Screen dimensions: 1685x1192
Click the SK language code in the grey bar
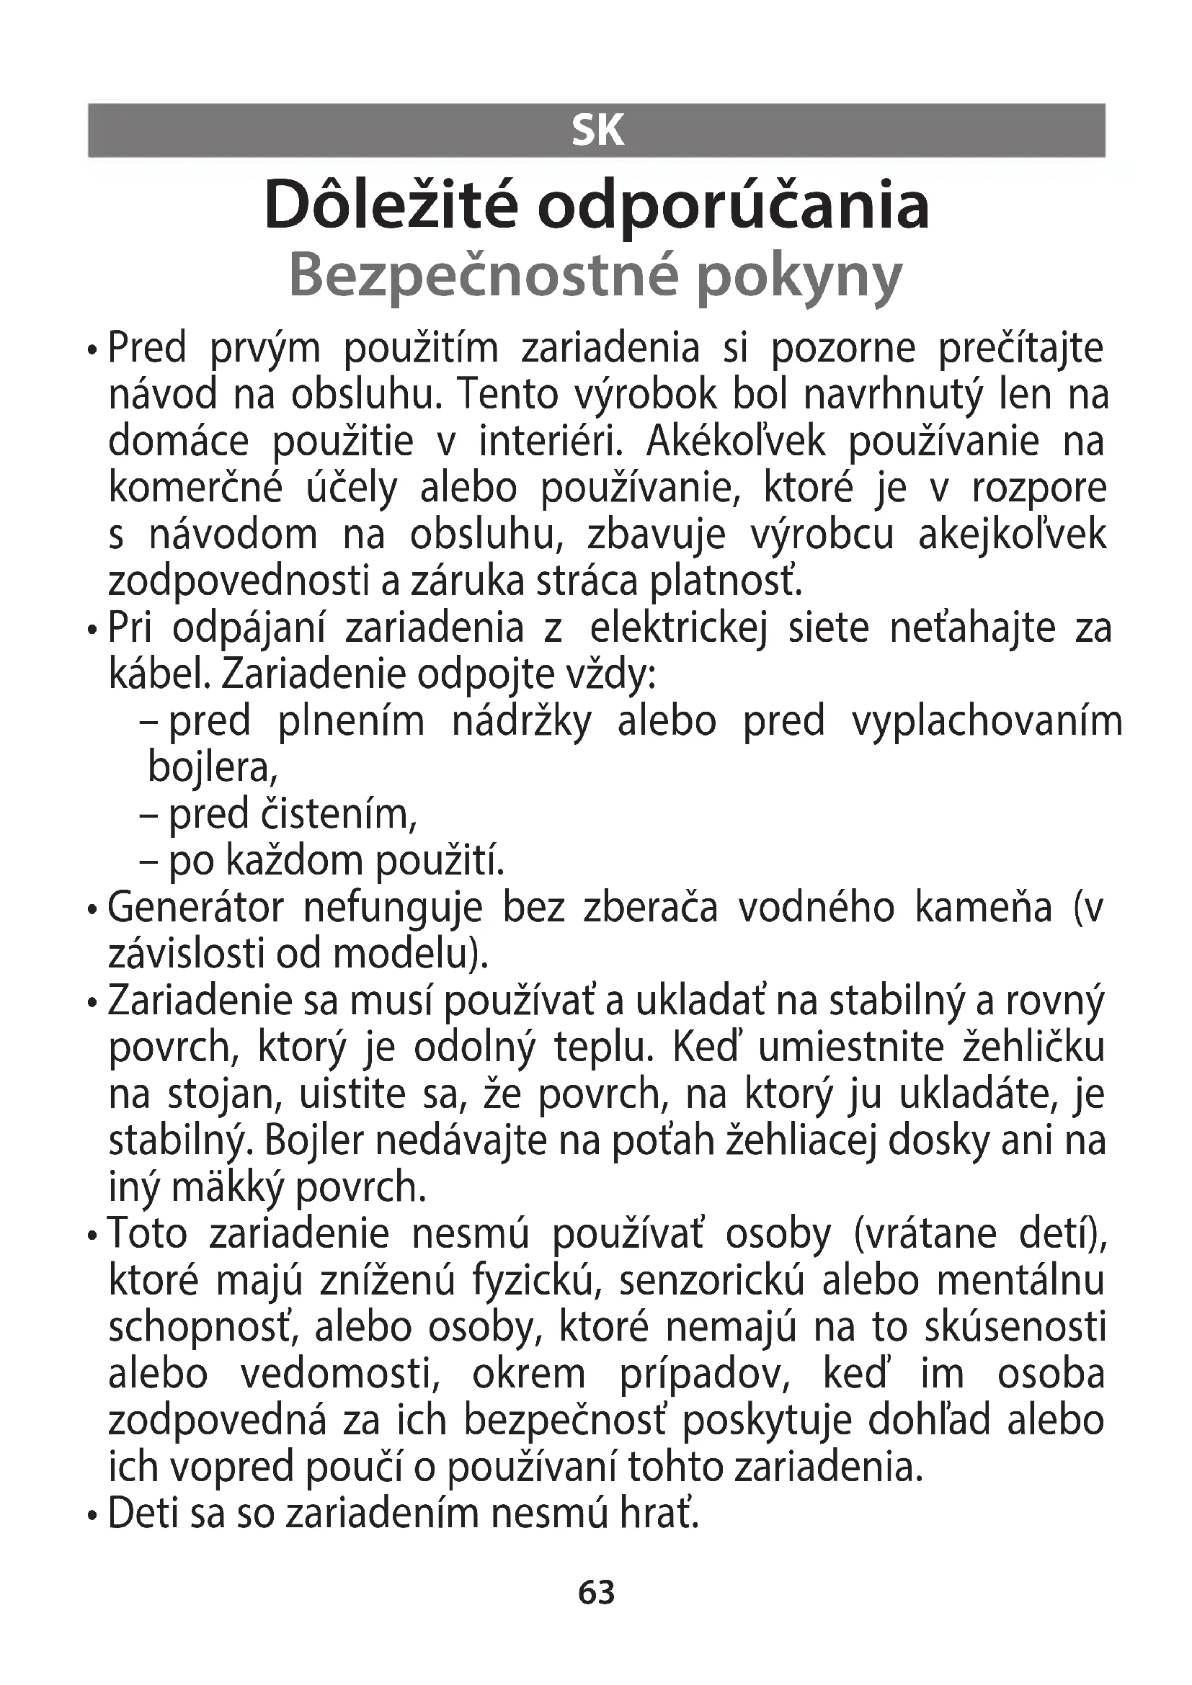point(597,131)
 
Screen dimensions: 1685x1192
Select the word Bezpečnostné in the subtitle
point(481,275)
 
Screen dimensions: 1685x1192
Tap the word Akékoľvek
point(736,442)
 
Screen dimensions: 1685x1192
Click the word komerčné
point(195,488)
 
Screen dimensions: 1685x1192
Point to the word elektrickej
point(678,629)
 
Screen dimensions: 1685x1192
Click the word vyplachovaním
point(987,722)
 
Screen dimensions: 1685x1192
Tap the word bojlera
point(212,768)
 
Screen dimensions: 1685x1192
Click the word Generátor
point(195,908)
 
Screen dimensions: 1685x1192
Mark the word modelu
point(409,955)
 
